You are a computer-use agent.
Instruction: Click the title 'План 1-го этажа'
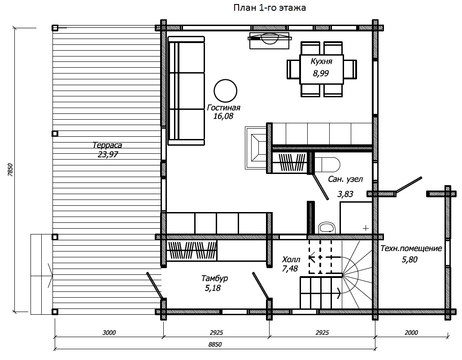(269, 8)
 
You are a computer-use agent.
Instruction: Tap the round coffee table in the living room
(226, 91)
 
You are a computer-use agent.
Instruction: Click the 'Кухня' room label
(321, 61)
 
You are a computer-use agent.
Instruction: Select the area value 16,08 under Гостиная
(223, 116)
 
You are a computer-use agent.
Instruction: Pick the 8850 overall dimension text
(215, 344)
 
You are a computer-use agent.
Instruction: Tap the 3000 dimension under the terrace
(109, 333)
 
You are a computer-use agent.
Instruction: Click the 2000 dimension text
(411, 333)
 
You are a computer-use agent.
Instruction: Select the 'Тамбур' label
(214, 278)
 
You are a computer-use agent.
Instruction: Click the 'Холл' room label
(291, 260)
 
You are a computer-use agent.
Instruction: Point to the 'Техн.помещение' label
(411, 248)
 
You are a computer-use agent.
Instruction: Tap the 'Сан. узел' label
(345, 179)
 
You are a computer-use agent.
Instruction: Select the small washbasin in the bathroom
(327, 227)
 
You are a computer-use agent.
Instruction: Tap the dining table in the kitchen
(322, 69)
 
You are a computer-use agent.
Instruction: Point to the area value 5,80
(410, 260)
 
